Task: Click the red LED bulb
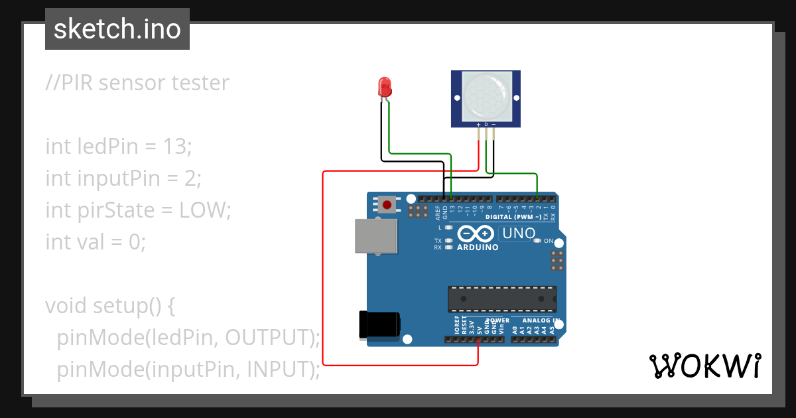coord(384,87)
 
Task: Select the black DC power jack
coord(379,323)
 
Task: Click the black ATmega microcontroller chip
coord(501,299)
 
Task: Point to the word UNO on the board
coord(519,234)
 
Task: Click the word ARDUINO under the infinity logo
coord(478,247)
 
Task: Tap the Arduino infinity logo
coord(475,234)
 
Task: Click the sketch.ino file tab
coord(117,30)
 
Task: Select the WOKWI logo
coord(704,366)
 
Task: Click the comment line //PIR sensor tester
coord(137,83)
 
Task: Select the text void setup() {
coord(110,306)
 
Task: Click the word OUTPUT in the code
coord(268,338)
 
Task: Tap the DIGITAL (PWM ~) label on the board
coord(513,217)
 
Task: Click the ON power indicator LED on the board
coord(537,241)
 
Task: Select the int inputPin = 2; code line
coord(123,178)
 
